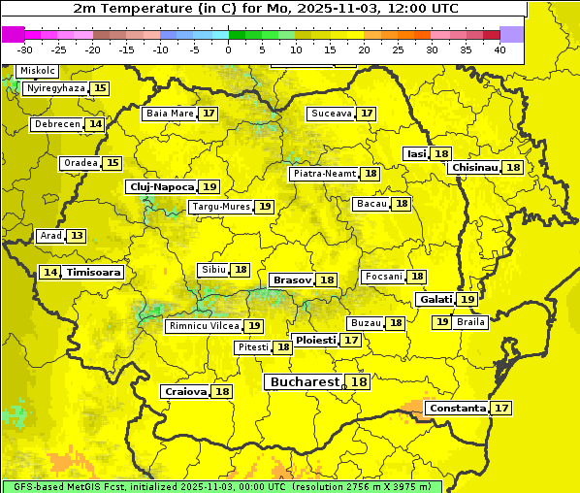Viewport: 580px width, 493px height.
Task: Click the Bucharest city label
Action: coord(305,382)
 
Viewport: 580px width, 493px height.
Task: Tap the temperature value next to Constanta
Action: coord(501,409)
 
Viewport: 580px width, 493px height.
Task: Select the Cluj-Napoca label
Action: coord(161,186)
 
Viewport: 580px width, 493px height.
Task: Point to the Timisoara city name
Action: coord(94,273)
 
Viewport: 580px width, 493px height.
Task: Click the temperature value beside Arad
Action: coord(77,236)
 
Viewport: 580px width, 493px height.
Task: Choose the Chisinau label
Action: coord(474,167)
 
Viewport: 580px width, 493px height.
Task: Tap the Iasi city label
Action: coord(416,154)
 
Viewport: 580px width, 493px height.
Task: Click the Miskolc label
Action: coord(38,71)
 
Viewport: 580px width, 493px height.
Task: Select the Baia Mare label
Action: coord(170,114)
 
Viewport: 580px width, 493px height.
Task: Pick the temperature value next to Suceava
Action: coord(367,114)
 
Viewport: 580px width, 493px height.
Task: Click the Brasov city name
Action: coord(292,279)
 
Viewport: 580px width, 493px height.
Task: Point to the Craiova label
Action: coord(185,391)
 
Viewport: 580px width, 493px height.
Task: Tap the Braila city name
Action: coord(470,322)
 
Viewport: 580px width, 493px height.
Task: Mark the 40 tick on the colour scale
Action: coord(499,49)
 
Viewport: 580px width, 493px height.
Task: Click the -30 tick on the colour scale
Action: coord(25,49)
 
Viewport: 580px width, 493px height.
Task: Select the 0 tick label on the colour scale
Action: coord(228,49)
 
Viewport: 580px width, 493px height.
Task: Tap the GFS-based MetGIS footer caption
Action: coord(221,486)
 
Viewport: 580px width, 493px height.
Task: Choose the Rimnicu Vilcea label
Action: coord(204,326)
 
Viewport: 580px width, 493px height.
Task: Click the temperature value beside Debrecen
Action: coord(95,124)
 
